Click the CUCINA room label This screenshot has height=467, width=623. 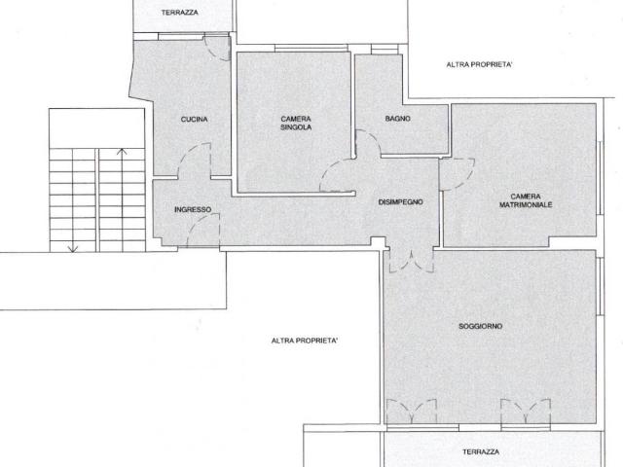194,119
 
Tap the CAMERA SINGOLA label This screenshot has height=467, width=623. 296,124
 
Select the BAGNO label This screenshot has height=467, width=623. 398,119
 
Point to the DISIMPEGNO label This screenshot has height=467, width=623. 400,202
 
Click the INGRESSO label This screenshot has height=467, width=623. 193,209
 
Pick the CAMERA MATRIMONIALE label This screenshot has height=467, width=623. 526,200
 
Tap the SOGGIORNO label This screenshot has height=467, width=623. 480,327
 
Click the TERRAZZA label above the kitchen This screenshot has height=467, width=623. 179,13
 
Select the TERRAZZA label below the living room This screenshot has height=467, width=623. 481,451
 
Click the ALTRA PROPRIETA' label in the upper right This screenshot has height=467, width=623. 479,64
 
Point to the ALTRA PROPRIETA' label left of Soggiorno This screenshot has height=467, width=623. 305,341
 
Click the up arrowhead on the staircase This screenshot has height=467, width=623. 122,152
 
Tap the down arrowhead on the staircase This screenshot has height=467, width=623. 73,249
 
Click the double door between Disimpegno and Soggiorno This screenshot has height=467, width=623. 412,262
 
